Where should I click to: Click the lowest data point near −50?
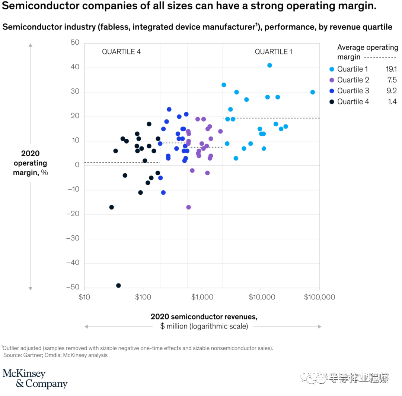118,285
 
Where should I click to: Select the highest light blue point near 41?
269,65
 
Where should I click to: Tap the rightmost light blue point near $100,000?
313,92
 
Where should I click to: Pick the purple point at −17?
188,207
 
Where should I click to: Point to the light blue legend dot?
332,69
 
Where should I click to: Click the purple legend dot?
332,80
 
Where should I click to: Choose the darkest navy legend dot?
332,102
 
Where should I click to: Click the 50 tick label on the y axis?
75,43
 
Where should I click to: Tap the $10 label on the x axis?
84,297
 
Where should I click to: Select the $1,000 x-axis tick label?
201,297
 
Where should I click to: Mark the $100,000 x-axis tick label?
319,297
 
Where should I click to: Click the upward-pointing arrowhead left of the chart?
31,45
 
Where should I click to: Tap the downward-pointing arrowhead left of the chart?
31,288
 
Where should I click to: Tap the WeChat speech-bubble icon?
310,377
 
